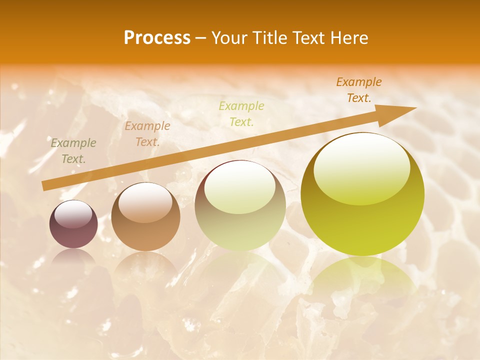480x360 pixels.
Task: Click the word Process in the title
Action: point(157,38)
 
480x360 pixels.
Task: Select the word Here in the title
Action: point(349,38)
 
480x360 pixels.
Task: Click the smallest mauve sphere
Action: point(73,224)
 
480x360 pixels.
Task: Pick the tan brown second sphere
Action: point(145,217)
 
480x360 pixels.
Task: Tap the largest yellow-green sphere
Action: point(362,194)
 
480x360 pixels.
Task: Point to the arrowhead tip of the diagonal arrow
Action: point(415,108)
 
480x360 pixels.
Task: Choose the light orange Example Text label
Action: point(147,134)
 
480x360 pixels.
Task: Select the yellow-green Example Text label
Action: point(241,113)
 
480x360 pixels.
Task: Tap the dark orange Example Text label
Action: point(358,90)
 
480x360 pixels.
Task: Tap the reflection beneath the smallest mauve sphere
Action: point(73,257)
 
